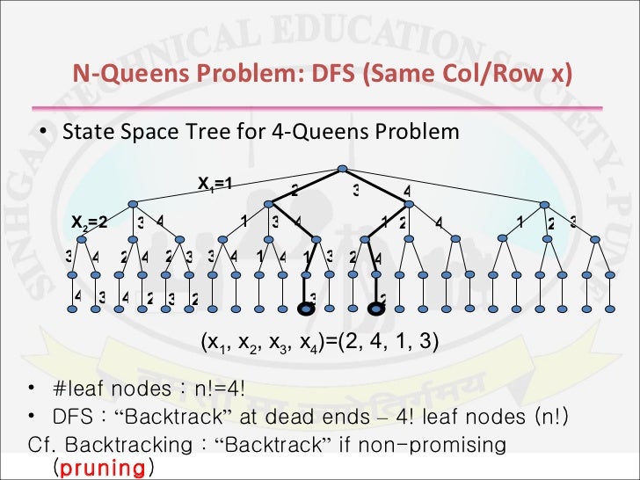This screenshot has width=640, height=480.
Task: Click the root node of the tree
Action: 343,170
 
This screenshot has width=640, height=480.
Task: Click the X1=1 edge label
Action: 214,185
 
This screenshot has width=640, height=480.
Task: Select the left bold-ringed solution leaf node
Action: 307,308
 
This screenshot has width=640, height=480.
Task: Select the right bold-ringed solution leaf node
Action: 377,308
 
